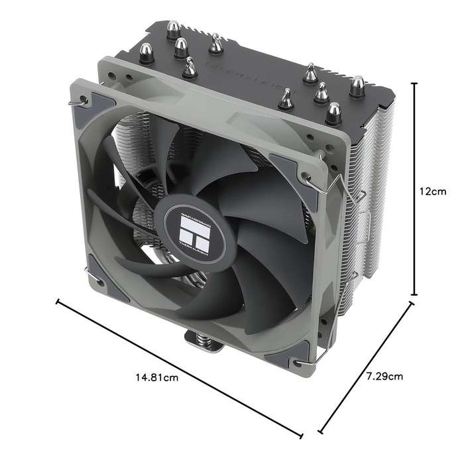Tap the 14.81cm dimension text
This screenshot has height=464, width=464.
point(157,378)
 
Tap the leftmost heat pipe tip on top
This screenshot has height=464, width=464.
point(146,52)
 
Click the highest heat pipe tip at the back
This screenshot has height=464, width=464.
point(174,29)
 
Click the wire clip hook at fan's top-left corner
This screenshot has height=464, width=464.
point(83,100)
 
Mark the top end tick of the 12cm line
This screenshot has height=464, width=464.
point(415,84)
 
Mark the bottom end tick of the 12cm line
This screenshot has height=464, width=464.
point(415,295)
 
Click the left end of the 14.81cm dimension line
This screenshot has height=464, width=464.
point(58,302)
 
